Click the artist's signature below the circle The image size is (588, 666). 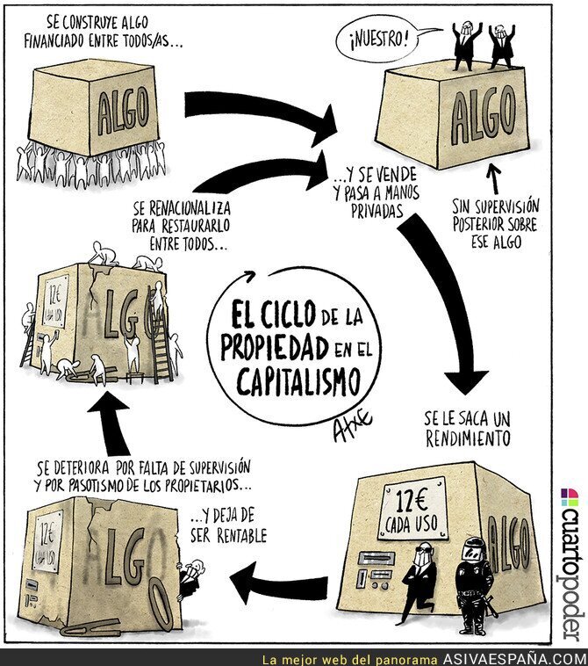[x=351, y=424]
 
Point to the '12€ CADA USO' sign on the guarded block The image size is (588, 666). [x=411, y=508]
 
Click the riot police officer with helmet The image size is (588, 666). [x=473, y=585]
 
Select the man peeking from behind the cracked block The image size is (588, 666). [x=190, y=578]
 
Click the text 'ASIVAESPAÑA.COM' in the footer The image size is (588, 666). [x=514, y=659]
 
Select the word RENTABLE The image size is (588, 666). [x=242, y=536]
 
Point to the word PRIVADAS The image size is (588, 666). [x=377, y=211]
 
